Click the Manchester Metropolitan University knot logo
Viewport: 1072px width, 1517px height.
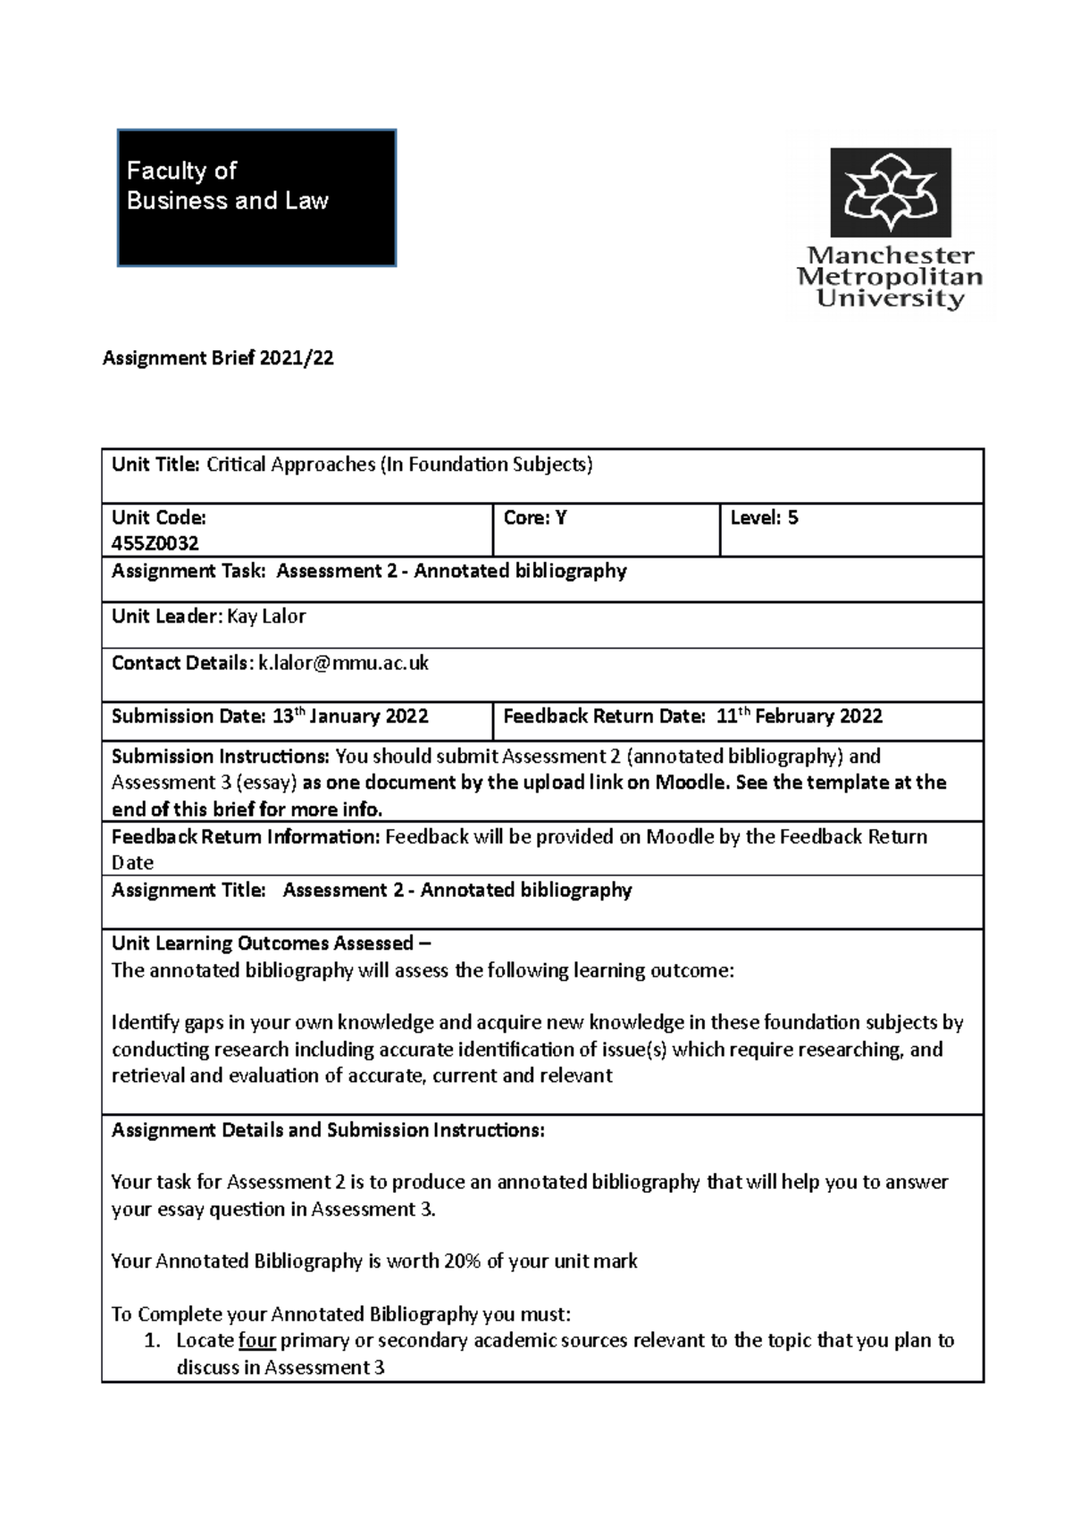891,192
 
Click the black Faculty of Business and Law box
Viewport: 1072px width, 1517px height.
256,197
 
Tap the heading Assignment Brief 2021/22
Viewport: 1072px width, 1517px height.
218,358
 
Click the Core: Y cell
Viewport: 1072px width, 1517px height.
535,517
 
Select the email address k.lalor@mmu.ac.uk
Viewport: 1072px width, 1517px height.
343,663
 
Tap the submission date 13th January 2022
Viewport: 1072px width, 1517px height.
350,716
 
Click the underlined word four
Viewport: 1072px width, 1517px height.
257,1340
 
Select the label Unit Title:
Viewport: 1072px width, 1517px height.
156,464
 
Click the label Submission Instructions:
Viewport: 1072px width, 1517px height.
221,756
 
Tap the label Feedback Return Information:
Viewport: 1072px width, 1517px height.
246,836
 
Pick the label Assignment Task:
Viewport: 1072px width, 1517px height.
188,571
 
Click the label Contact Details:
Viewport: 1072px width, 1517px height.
182,663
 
